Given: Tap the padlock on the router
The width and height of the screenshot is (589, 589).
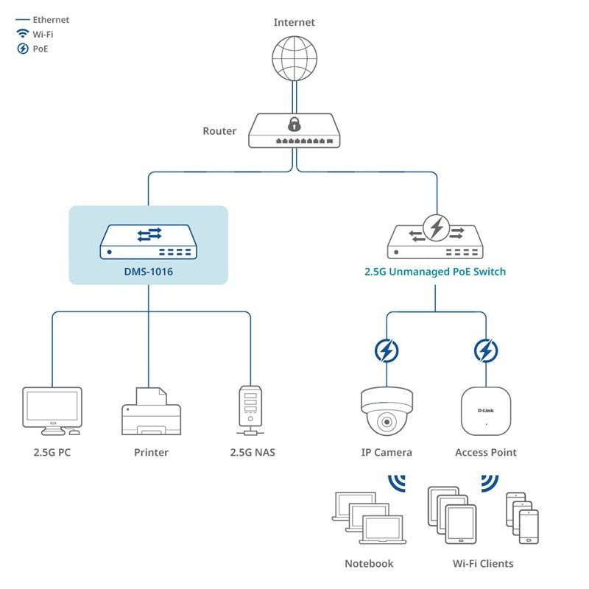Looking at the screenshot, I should (x=294, y=124).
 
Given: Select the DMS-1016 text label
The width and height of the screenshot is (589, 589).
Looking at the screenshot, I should (x=148, y=271).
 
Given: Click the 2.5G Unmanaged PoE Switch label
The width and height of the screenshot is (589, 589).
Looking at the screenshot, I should (x=435, y=272).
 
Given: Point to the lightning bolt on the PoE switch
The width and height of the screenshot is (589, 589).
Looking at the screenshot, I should (x=437, y=228).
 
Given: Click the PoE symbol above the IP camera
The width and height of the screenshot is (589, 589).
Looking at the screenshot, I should (x=386, y=351).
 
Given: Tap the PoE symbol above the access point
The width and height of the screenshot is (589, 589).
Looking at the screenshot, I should (x=485, y=351).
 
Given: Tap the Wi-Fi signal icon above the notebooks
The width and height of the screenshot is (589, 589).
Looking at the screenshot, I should (x=398, y=483).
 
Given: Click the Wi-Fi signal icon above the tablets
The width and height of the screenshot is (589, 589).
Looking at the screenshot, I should (x=490, y=483).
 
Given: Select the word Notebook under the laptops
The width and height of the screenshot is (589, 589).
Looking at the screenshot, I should (x=369, y=564).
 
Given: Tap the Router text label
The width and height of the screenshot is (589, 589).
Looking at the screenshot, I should (x=219, y=132).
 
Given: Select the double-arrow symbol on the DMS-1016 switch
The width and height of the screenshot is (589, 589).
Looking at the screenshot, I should (x=148, y=235).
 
